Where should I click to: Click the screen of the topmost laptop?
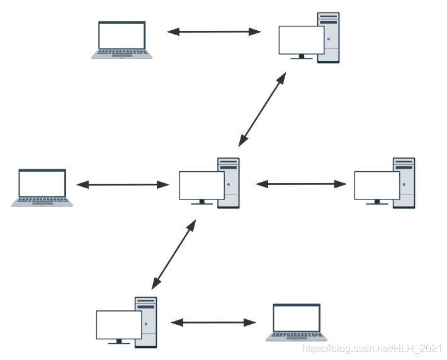122,36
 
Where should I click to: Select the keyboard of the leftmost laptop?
42,200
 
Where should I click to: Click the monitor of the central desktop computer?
201,185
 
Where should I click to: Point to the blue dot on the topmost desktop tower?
328,39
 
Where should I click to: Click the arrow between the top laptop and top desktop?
214,31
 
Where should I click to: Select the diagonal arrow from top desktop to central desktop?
263,109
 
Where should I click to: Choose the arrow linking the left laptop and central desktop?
123,184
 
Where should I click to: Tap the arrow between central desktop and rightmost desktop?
301,184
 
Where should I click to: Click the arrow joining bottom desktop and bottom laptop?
214,322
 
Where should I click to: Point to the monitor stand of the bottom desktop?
118,342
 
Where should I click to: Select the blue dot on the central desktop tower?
228,184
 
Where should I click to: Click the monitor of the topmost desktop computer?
301,40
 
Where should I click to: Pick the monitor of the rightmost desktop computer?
376,185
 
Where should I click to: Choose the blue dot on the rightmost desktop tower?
404,184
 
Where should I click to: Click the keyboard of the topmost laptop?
122,53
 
